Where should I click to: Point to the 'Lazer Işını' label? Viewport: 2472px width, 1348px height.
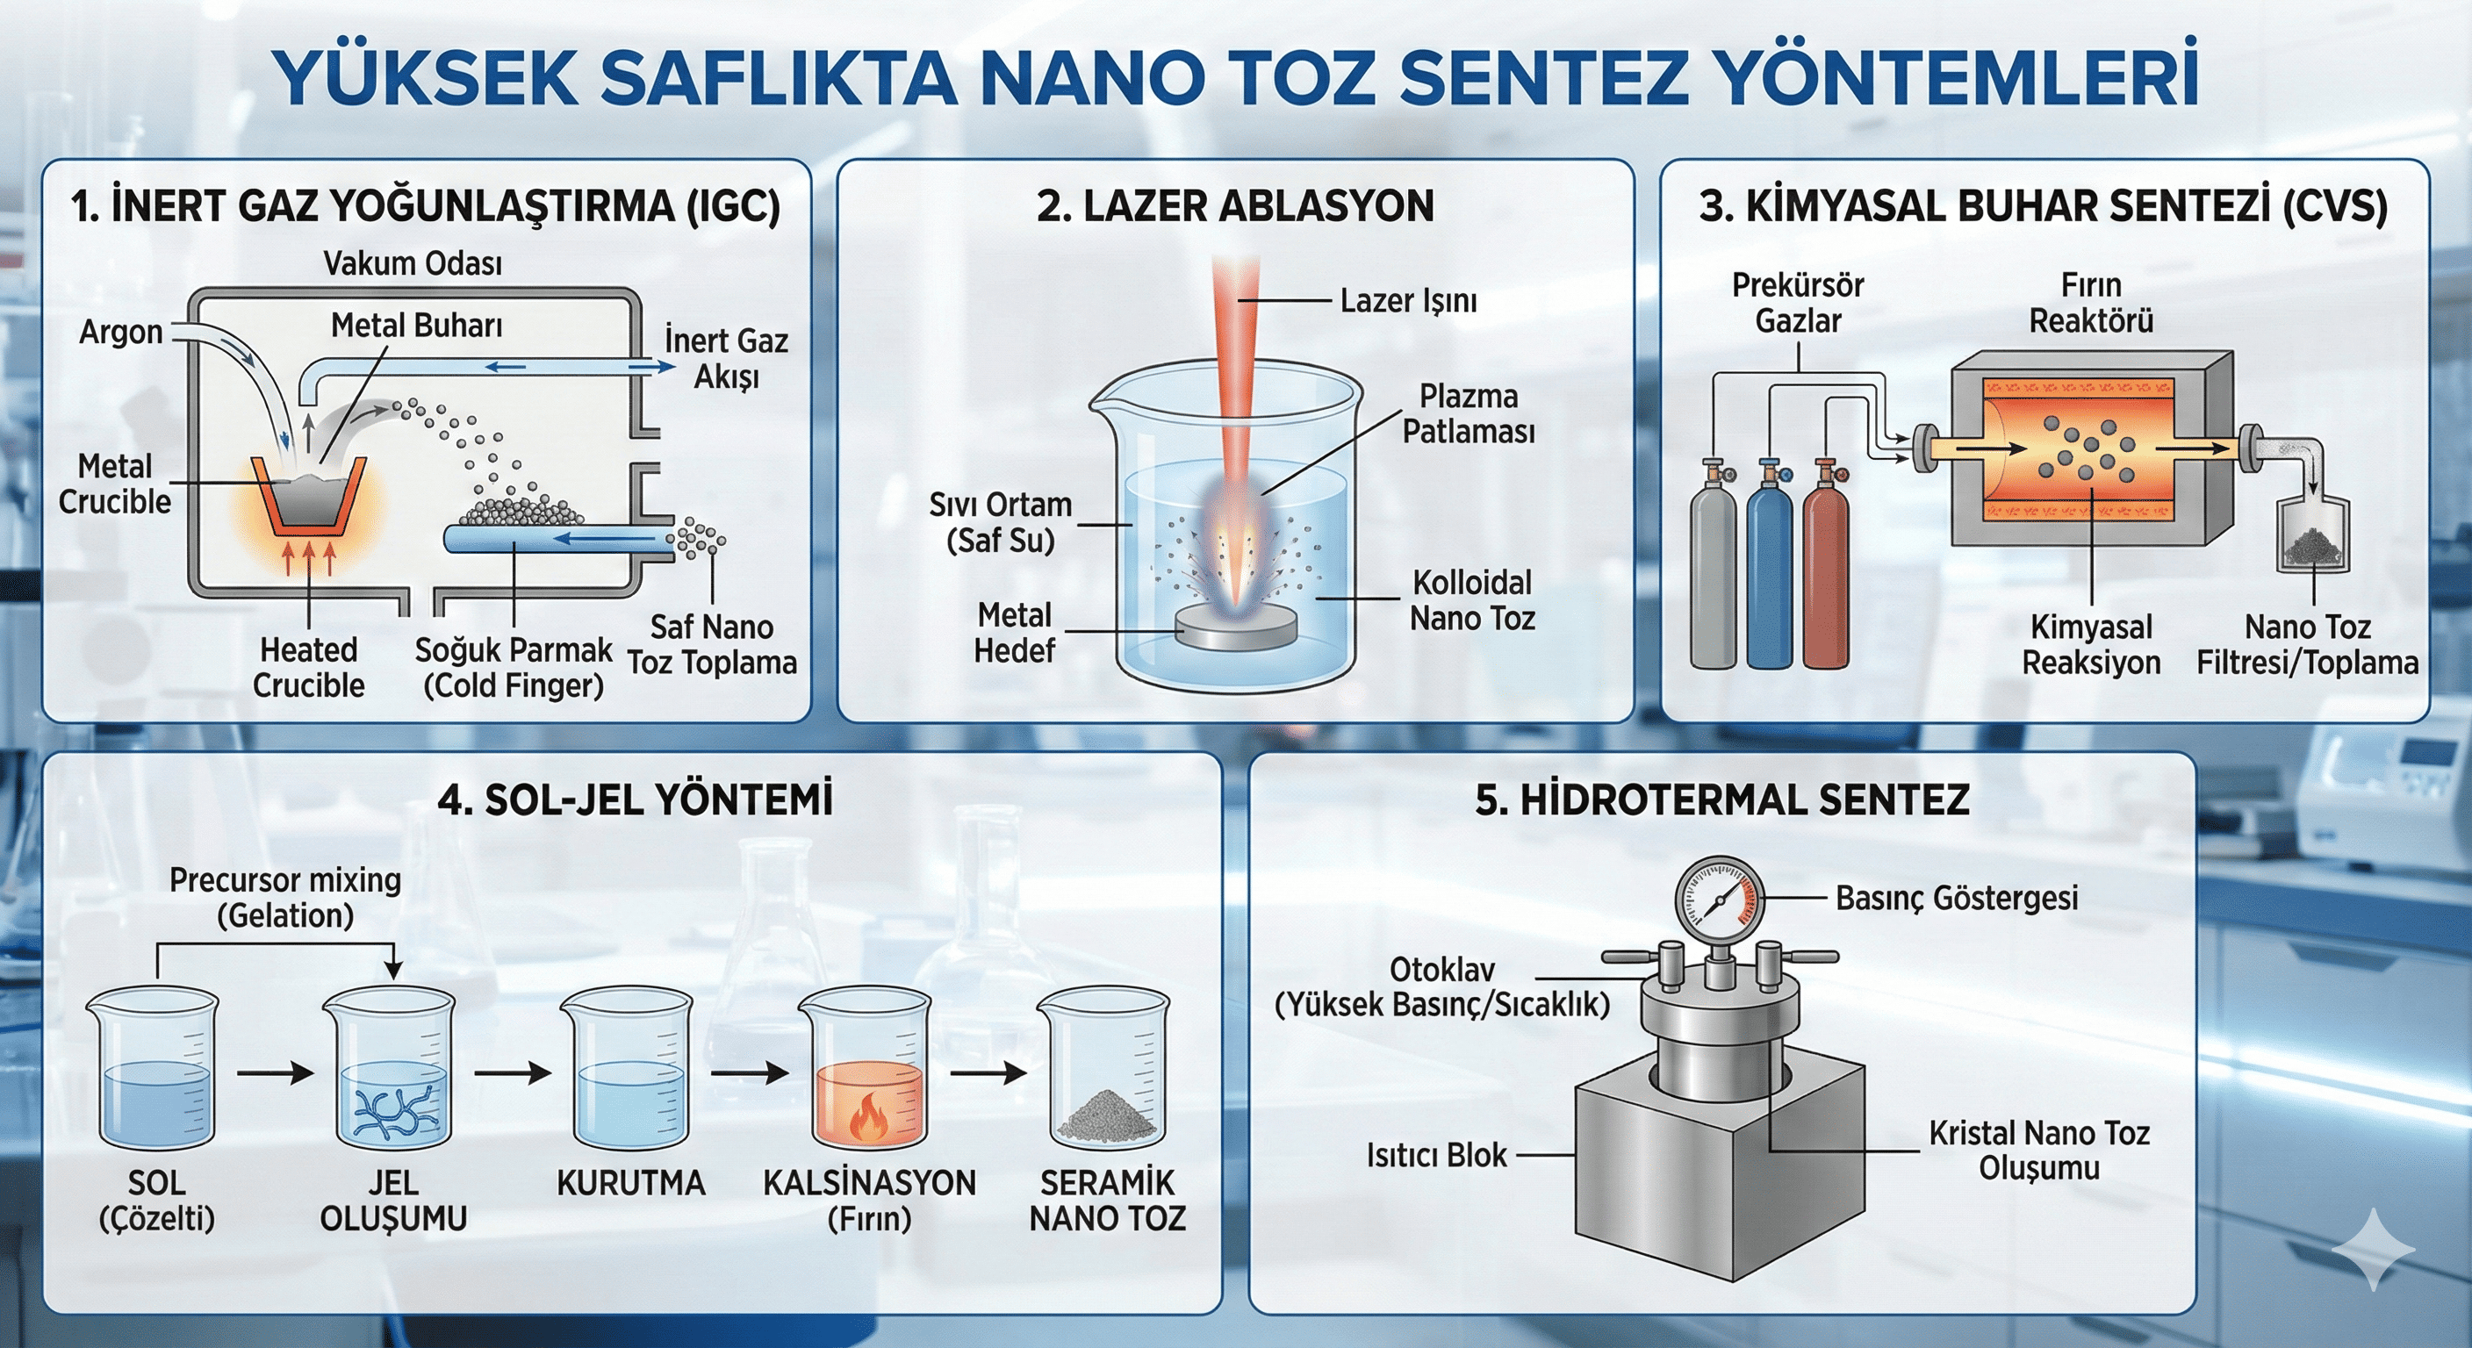pos(1408,300)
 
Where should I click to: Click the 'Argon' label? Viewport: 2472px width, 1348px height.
pos(121,332)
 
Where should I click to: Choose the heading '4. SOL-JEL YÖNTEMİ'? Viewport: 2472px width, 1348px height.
pos(635,800)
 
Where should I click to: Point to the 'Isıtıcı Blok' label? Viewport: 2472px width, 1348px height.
pos(1436,1155)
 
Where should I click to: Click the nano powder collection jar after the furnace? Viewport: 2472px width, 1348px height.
pos(2314,537)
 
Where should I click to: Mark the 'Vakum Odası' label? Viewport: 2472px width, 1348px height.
pos(413,263)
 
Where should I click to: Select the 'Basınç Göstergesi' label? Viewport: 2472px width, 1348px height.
pos(1957,898)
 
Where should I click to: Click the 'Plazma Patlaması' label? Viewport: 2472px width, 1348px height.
pos(1469,413)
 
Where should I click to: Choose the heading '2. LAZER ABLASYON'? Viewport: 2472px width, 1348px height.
pos(1235,206)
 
